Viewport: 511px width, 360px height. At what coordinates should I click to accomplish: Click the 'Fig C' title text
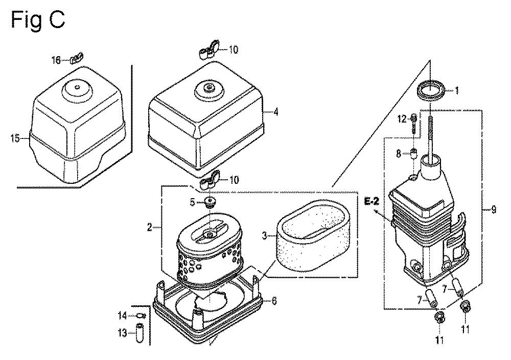[38, 20]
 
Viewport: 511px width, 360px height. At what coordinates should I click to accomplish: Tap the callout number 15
[15, 138]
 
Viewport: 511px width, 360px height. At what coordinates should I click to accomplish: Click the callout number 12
[402, 119]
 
